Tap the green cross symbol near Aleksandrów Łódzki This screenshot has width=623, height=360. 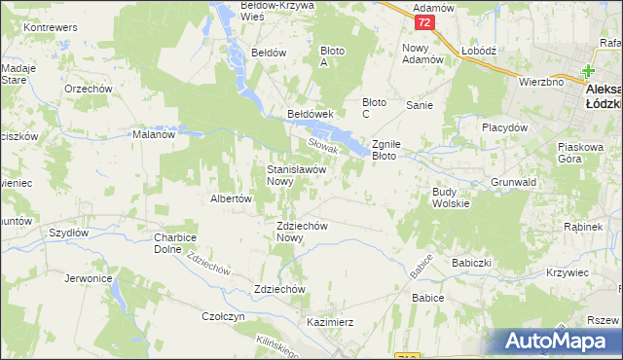588,71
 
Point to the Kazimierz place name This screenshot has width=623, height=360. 329,321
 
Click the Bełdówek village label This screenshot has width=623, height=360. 311,114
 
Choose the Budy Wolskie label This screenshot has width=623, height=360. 451,198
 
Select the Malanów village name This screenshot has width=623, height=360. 153,135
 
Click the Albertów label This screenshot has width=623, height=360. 232,198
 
